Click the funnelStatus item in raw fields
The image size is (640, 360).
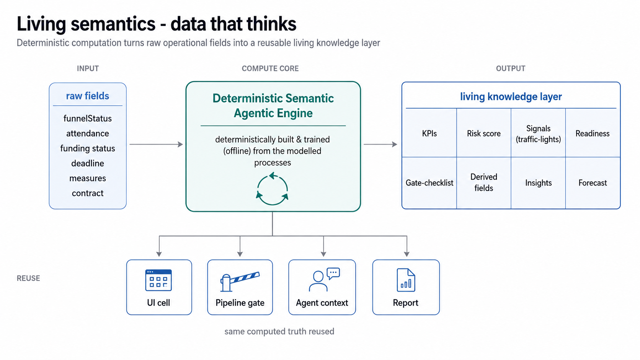87,119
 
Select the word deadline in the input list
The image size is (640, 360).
87,163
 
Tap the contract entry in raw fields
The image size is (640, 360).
87,193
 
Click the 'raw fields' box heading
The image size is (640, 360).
87,96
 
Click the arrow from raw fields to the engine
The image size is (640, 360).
156,145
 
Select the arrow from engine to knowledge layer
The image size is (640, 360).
380,145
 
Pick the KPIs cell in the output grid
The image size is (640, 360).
429,133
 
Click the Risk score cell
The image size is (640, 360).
484,133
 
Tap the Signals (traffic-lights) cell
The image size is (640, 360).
538,133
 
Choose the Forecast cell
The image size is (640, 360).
593,183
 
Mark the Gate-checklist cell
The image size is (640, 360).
429,183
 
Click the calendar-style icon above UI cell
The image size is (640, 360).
158,280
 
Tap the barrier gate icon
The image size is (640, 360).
240,282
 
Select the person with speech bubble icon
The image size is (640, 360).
324,280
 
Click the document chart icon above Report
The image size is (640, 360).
406,280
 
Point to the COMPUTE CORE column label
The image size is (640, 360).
270,68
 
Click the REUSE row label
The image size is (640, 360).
28,279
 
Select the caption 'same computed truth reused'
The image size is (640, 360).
279,331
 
